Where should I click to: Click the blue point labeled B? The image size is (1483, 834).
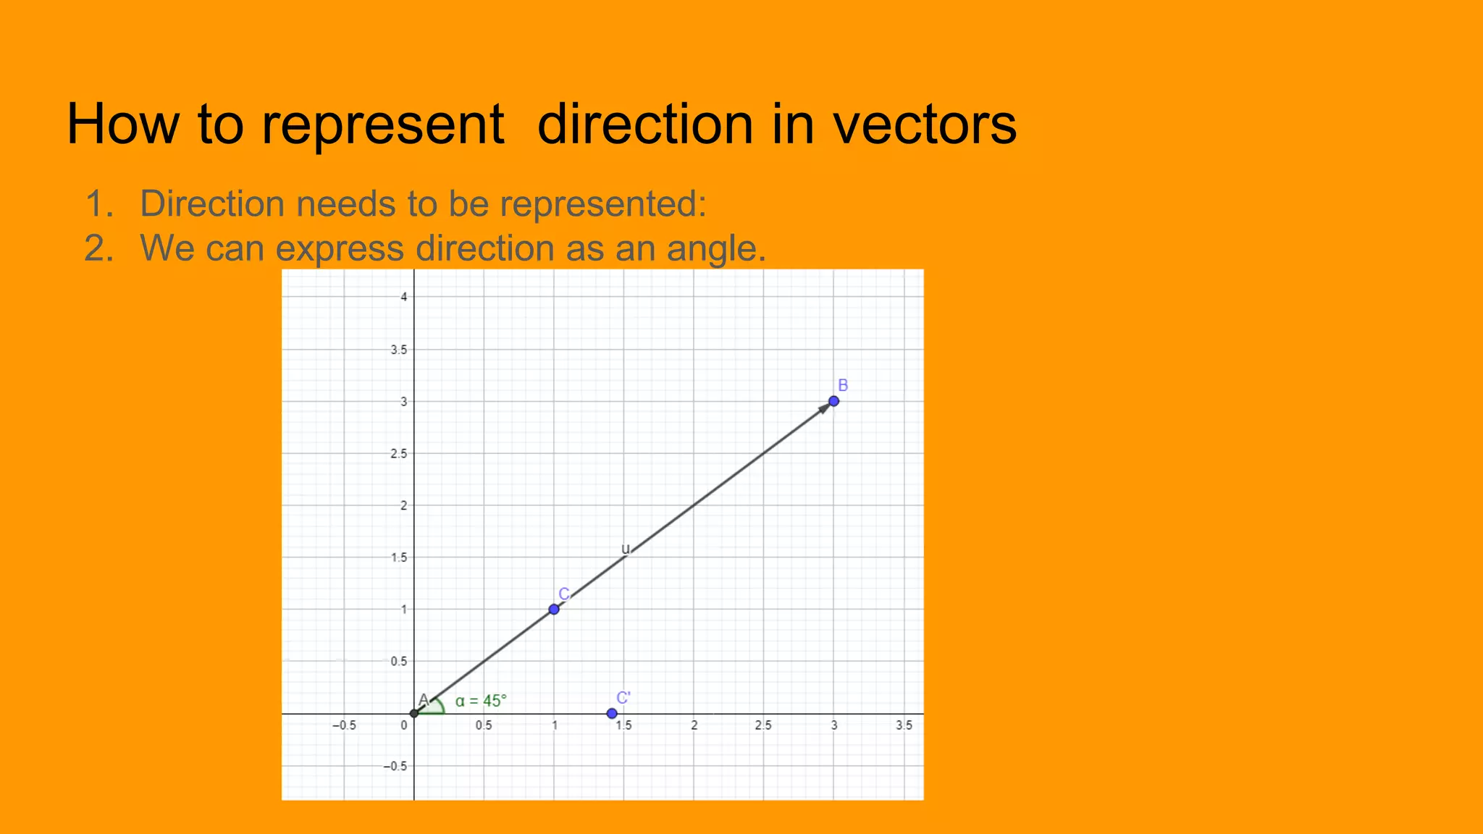pyautogui.click(x=833, y=401)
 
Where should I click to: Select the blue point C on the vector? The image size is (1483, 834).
pyautogui.click(x=554, y=609)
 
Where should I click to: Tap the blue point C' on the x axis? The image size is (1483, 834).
pyautogui.click(x=612, y=714)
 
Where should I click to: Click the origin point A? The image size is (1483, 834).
pyautogui.click(x=414, y=713)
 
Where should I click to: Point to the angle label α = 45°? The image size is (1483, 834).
pyautogui.click(x=481, y=701)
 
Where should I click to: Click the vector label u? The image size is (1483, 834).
pyautogui.click(x=626, y=549)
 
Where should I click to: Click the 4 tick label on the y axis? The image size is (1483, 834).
pyautogui.click(x=405, y=297)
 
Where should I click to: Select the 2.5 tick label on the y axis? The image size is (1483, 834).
pyautogui.click(x=399, y=454)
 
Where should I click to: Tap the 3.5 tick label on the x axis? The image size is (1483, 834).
pyautogui.click(x=904, y=725)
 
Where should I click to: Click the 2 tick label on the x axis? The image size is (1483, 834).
pyautogui.click(x=694, y=725)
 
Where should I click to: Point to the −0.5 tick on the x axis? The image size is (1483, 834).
pyautogui.click(x=344, y=725)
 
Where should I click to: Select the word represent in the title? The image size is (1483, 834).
pyautogui.click(x=382, y=125)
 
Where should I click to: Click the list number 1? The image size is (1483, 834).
pyautogui.click(x=98, y=204)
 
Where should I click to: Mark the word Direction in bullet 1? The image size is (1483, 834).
pyautogui.click(x=212, y=203)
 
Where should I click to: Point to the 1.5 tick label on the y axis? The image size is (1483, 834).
pyautogui.click(x=399, y=558)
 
